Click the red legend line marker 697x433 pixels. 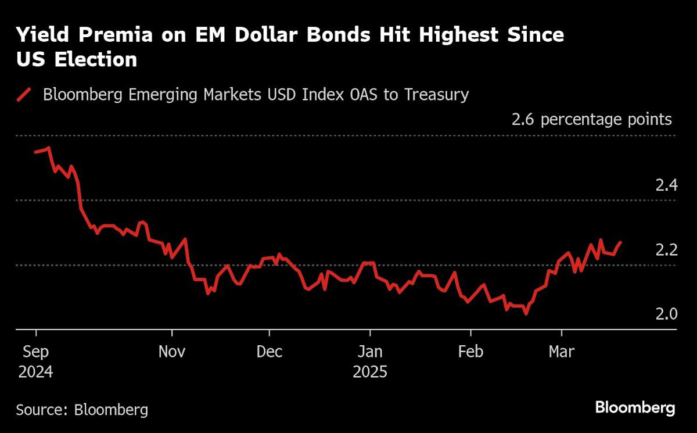click(x=24, y=94)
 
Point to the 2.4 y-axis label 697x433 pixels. click(x=666, y=186)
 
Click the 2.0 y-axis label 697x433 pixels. click(x=666, y=314)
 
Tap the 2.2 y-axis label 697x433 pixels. click(x=666, y=251)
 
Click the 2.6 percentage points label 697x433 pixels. click(x=591, y=120)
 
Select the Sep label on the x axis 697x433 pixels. click(x=35, y=352)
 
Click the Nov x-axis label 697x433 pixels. click(x=172, y=352)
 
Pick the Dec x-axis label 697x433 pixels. click(x=270, y=352)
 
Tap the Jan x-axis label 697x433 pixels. click(x=370, y=352)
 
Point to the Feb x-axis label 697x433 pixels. click(x=470, y=352)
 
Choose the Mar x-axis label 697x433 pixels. click(x=562, y=352)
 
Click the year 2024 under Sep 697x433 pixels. click(x=35, y=372)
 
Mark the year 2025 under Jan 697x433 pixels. click(x=370, y=372)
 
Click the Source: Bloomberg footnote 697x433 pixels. click(x=82, y=410)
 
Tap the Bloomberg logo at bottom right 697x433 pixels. click(x=635, y=407)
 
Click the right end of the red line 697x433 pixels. click(x=621, y=242)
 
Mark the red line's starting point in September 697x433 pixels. click(x=35, y=152)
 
